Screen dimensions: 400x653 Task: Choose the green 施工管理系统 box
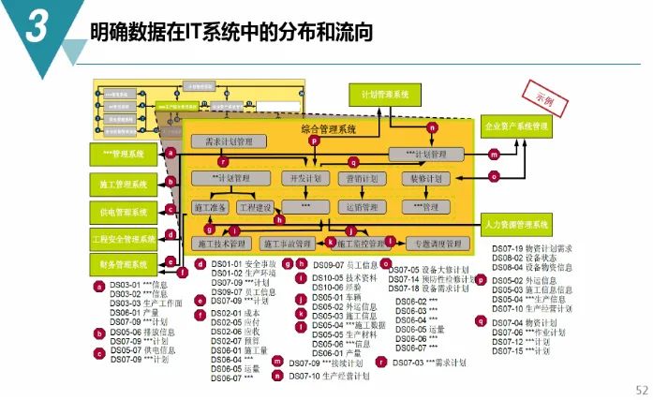pos(124,185)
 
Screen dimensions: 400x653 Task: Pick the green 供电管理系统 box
pos(124,213)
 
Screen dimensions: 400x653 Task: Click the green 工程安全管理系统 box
pos(124,239)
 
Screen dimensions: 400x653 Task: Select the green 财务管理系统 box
pos(124,265)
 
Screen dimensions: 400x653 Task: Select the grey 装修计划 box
pos(419,178)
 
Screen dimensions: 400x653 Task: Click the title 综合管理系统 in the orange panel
pos(327,128)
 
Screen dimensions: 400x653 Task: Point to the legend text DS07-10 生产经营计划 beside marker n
pos(329,376)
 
